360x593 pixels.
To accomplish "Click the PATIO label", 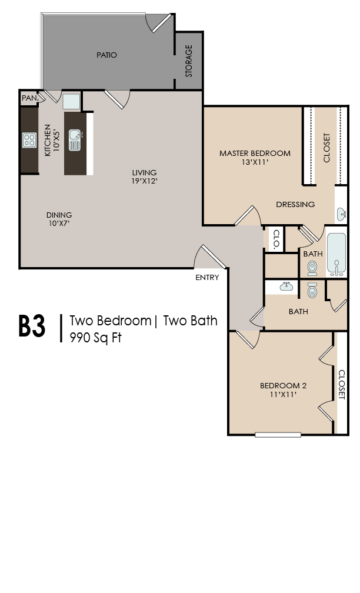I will (107, 55).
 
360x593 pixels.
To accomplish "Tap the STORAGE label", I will (189, 61).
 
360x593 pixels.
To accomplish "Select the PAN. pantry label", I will (29, 98).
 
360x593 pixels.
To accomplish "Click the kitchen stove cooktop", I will (29, 140).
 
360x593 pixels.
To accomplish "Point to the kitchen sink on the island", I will (75, 141).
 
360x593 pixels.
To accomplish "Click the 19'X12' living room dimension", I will (144, 181).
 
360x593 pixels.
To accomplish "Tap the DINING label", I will (59, 215).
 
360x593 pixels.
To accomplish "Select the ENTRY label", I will (207, 278).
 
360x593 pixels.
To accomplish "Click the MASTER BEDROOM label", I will (255, 154).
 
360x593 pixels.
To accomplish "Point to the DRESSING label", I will (295, 205).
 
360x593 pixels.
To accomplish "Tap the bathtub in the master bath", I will (336, 254).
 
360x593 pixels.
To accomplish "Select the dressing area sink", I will (342, 214).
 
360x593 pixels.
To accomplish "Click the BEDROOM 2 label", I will (284, 386).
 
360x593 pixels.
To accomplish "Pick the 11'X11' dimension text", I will (283, 395).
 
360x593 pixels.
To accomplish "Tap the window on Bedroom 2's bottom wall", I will (278, 435).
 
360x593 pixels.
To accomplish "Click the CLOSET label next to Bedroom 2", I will (341, 384).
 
